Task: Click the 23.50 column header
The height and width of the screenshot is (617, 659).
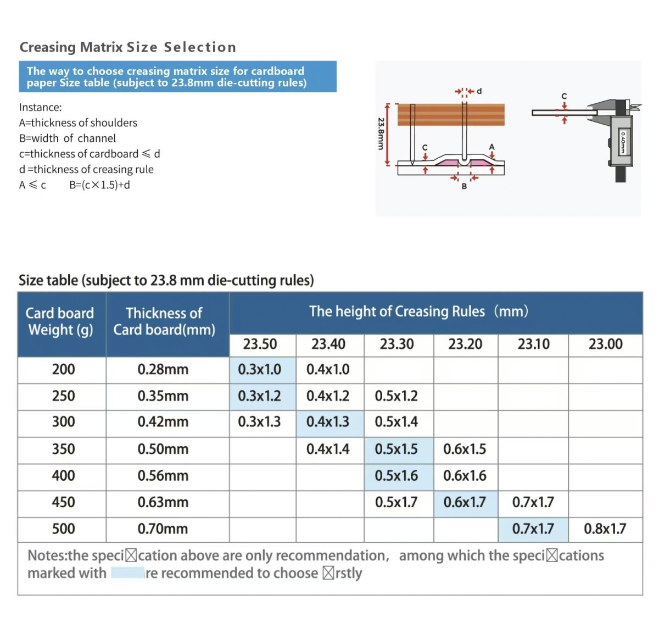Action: (x=260, y=344)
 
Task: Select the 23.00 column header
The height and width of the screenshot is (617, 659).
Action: (x=605, y=344)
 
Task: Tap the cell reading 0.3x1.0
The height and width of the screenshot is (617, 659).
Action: (x=260, y=369)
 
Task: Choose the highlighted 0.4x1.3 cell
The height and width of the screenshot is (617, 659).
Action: (x=328, y=422)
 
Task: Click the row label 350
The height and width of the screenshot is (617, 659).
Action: (x=63, y=449)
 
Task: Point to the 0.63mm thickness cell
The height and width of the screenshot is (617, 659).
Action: (x=163, y=502)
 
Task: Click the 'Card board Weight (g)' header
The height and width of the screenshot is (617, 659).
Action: (x=60, y=321)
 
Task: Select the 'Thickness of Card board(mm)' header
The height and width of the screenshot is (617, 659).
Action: (x=164, y=321)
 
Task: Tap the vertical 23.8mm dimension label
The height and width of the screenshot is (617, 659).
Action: (x=381, y=134)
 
